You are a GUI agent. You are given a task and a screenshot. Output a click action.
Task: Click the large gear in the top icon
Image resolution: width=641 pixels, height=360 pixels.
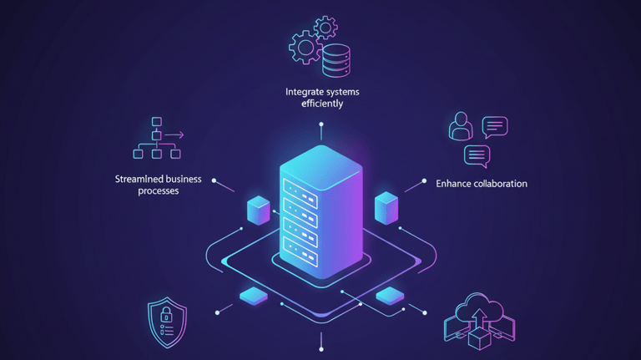point(304,46)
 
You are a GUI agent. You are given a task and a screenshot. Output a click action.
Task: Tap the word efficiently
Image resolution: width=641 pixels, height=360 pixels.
point(321,104)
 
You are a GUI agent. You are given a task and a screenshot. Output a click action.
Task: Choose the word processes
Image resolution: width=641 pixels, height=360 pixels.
point(158,191)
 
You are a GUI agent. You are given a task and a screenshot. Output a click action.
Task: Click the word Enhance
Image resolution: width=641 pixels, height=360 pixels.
point(455,184)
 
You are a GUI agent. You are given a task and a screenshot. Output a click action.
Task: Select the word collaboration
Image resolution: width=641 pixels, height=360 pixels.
point(502,184)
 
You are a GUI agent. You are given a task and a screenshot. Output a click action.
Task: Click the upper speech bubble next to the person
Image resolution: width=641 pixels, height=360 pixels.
point(495,126)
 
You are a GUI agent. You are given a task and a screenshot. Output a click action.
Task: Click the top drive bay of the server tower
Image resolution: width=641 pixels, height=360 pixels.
point(300,187)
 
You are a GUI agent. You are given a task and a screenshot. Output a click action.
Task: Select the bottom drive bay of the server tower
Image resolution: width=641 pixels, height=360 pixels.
point(300,248)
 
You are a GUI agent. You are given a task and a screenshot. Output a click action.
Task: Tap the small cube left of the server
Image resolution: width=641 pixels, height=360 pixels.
point(259,210)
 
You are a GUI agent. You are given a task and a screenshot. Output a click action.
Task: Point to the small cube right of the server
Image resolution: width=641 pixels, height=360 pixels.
point(386,208)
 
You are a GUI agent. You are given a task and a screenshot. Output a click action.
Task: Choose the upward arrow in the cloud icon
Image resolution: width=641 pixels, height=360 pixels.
point(479,319)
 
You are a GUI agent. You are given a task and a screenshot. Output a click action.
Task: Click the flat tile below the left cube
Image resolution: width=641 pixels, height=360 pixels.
point(254,297)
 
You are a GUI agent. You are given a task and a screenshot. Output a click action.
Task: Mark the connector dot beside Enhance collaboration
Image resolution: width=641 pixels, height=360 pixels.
point(425,181)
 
